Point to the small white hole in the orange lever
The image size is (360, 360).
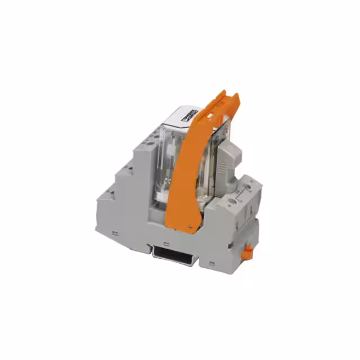tap(213, 116)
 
